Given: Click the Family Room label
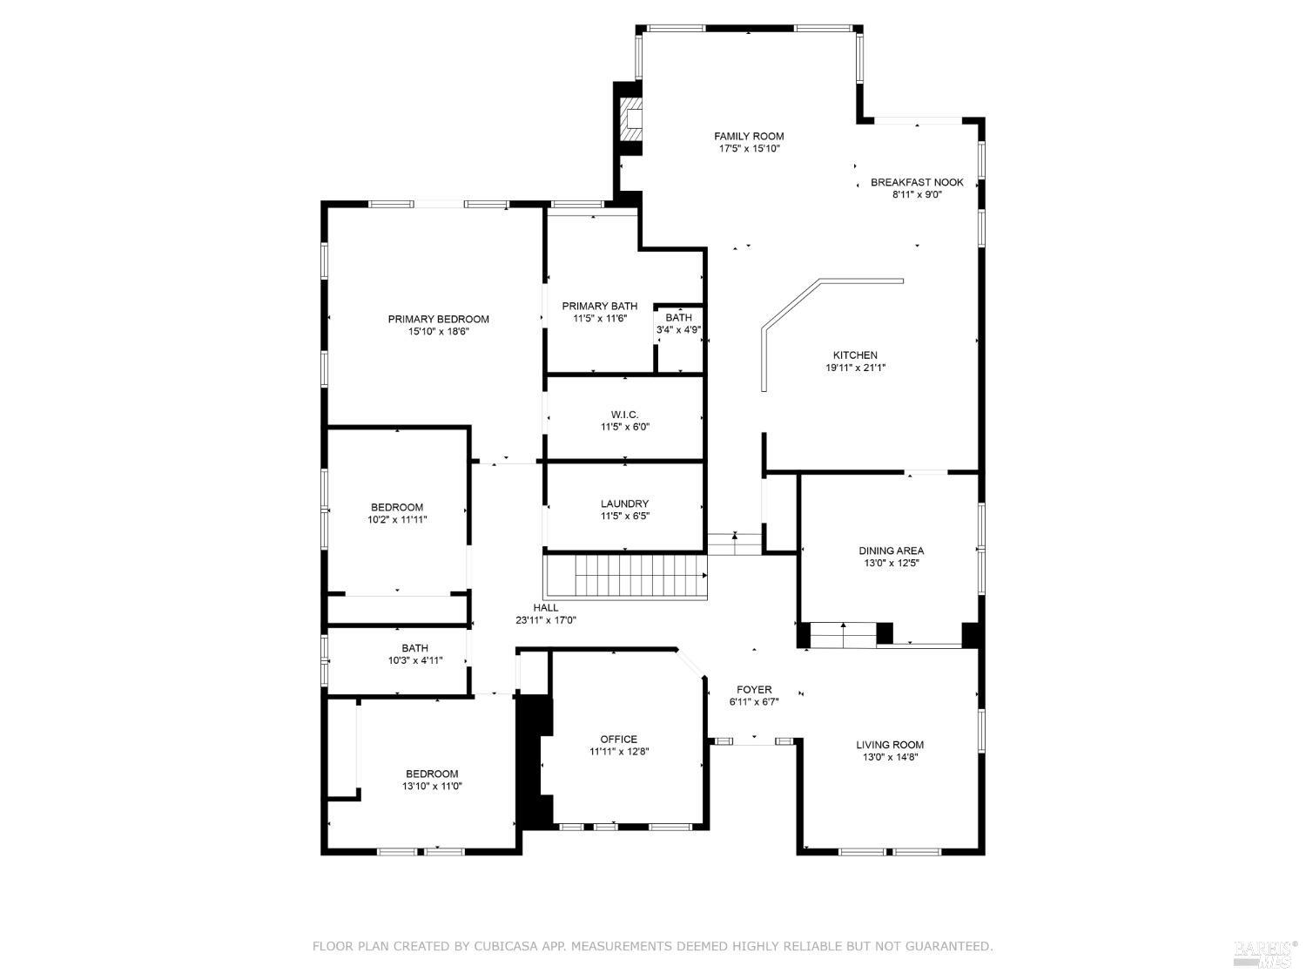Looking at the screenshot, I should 749,136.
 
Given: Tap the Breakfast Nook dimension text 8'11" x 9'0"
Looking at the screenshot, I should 917,195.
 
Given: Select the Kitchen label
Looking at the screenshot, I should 855,355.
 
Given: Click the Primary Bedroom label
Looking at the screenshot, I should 438,319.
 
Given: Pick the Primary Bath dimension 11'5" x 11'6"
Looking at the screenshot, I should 599,319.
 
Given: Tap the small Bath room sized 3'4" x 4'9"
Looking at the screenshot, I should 678,324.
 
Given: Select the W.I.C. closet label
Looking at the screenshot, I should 624,415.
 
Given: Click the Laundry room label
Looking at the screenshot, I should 624,504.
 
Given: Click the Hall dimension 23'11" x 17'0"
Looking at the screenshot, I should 546,621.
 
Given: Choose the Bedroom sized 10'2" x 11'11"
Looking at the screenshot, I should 397,513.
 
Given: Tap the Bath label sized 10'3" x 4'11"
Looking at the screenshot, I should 414,648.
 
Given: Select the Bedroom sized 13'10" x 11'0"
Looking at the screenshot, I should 432,780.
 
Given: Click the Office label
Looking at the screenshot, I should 618,740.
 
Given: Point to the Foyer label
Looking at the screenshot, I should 753,690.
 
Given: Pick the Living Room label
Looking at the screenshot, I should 890,745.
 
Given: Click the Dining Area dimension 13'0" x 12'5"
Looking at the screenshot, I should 891,564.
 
